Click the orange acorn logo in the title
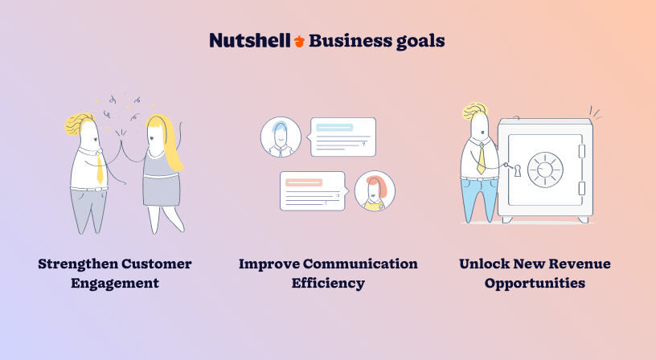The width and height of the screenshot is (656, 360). tap(299, 41)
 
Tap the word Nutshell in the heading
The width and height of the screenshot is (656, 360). tap(250, 40)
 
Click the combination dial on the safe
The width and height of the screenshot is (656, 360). tap(545, 170)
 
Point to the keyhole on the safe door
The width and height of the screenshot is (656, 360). tap(518, 170)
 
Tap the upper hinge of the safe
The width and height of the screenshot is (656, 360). tap(581, 151)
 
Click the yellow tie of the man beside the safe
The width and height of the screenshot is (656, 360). tap(482, 159)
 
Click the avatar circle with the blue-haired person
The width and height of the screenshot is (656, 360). tap(281, 137)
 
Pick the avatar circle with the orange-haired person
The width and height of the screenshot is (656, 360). tap(375, 190)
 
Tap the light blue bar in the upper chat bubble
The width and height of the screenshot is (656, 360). tap(334, 128)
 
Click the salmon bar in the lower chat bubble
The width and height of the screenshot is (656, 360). tap(304, 182)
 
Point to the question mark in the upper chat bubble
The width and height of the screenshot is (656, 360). tap(364, 144)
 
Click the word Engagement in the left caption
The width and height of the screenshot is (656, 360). tap(115, 284)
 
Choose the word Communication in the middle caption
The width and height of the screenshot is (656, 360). tap(360, 264)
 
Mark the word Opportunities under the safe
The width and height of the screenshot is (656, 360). tap(535, 284)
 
